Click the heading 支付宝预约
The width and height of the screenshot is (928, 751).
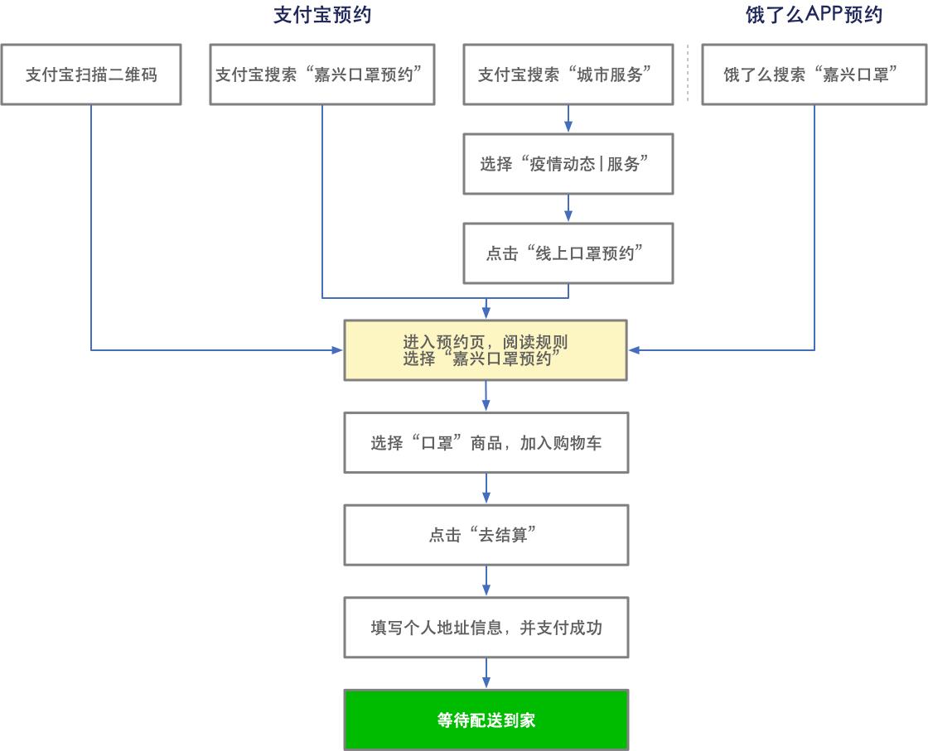pos(321,15)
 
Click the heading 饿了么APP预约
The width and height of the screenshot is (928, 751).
pos(814,15)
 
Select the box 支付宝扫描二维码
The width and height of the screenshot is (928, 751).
pos(91,75)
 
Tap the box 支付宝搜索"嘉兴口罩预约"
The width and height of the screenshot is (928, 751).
pos(321,75)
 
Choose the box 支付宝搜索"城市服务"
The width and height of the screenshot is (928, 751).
pos(568,75)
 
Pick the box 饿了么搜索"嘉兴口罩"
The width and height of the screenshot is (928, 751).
pos(813,75)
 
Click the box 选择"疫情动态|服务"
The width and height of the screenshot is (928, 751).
pos(568,164)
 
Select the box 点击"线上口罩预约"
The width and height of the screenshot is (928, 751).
pos(568,253)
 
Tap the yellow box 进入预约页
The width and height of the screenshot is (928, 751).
pos(486,350)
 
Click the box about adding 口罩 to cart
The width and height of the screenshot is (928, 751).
pos(486,443)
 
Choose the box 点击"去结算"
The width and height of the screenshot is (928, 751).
pos(486,536)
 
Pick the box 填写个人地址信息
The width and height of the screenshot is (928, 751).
pos(486,628)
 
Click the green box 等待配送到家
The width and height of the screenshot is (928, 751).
pos(486,720)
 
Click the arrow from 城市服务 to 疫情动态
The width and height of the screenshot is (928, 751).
pos(568,118)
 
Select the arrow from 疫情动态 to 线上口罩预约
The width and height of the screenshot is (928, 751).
pos(568,208)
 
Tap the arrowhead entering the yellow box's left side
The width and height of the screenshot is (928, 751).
pos(338,350)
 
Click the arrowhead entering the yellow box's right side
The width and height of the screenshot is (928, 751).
pos(635,350)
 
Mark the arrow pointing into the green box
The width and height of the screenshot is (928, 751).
pos(486,674)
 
